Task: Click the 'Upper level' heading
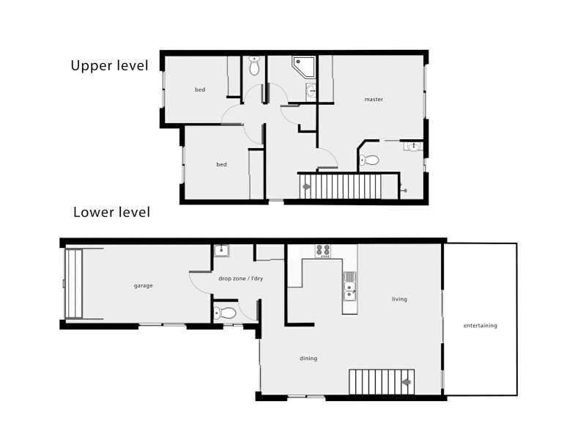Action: coord(109,65)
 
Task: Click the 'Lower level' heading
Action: coord(111,213)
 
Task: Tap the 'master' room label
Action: coord(374,99)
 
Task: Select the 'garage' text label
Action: coord(143,285)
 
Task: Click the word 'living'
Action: coord(399,299)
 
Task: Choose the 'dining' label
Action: coord(308,359)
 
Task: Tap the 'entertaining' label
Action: coord(481,325)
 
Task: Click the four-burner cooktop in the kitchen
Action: coord(323,251)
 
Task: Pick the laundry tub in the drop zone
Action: coord(222,252)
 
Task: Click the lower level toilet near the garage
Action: coord(226,313)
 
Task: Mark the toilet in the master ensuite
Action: coord(370,160)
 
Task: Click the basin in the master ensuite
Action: coord(414,147)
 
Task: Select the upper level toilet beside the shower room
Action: coord(254,66)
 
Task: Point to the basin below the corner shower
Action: coord(310,91)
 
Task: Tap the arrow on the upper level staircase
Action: coord(307,187)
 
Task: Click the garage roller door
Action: coord(73,284)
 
